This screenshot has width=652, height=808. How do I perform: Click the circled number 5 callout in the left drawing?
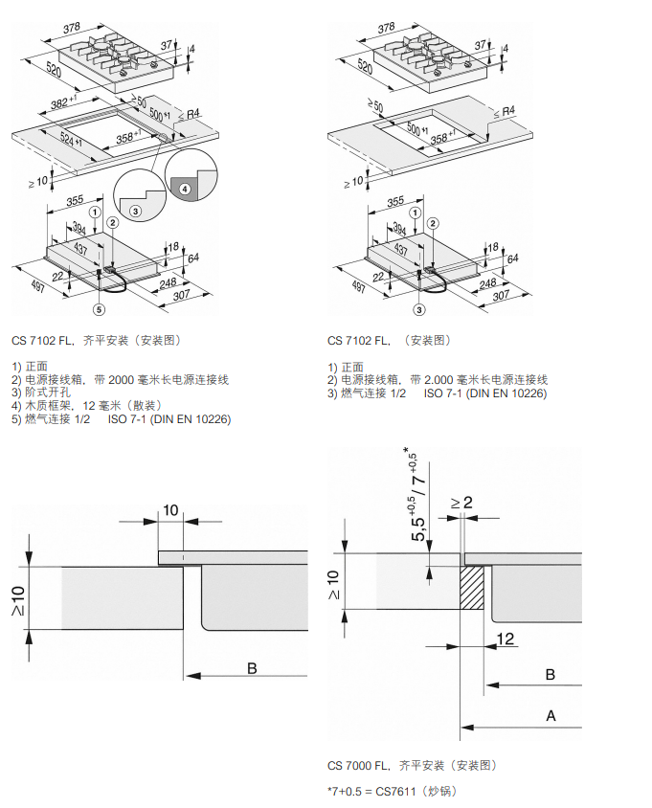(x=98, y=309)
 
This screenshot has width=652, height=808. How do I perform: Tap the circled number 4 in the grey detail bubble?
(x=186, y=190)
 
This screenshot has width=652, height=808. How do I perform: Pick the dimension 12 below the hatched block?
(x=506, y=637)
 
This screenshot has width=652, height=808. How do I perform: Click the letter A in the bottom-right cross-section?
(x=551, y=714)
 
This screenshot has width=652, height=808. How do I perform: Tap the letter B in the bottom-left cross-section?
(x=252, y=668)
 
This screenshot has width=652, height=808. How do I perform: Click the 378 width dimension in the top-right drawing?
(x=387, y=28)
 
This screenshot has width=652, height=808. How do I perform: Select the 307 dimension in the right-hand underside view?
(x=501, y=296)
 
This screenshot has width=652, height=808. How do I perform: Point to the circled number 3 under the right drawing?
(x=419, y=308)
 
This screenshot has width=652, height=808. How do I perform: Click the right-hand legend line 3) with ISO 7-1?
(x=437, y=393)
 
